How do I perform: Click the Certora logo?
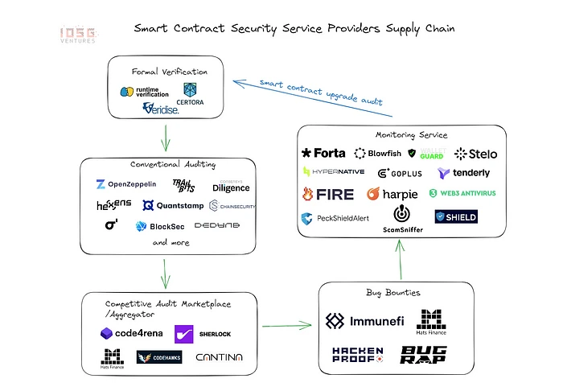[x=191, y=93]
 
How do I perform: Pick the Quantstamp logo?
[x=174, y=205]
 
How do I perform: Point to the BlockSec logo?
[x=160, y=226]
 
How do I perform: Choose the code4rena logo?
[x=132, y=332]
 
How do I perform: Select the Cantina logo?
[x=218, y=356]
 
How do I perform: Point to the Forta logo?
[x=323, y=153]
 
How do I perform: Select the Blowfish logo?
[x=377, y=153]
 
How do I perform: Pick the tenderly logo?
[x=463, y=173]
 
